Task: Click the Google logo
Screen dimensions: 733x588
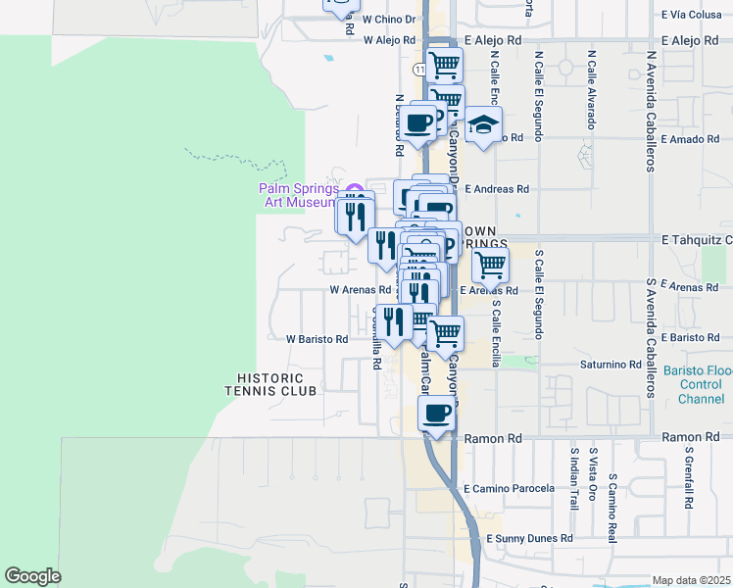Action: click(33, 576)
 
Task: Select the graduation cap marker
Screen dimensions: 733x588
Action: click(482, 124)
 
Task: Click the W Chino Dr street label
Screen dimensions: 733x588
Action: click(389, 19)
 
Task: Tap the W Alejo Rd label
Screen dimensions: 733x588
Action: click(390, 40)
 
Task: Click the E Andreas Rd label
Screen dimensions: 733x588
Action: click(497, 189)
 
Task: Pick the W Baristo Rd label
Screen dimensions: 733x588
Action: click(317, 339)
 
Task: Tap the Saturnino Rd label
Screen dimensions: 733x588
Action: click(609, 365)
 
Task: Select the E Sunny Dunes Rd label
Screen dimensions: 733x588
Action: click(529, 539)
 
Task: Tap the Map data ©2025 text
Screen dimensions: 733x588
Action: click(691, 580)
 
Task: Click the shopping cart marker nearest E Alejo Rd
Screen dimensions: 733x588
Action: click(445, 65)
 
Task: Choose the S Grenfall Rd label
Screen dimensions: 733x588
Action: click(690, 480)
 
